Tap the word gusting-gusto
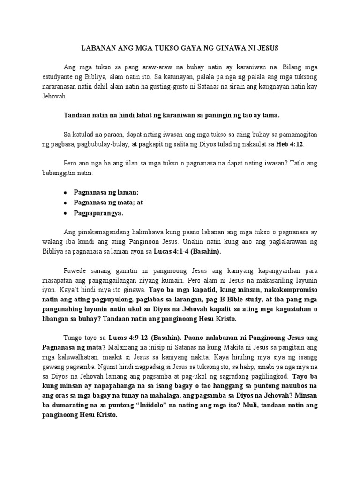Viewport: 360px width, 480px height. pyautogui.click(x=158, y=87)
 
